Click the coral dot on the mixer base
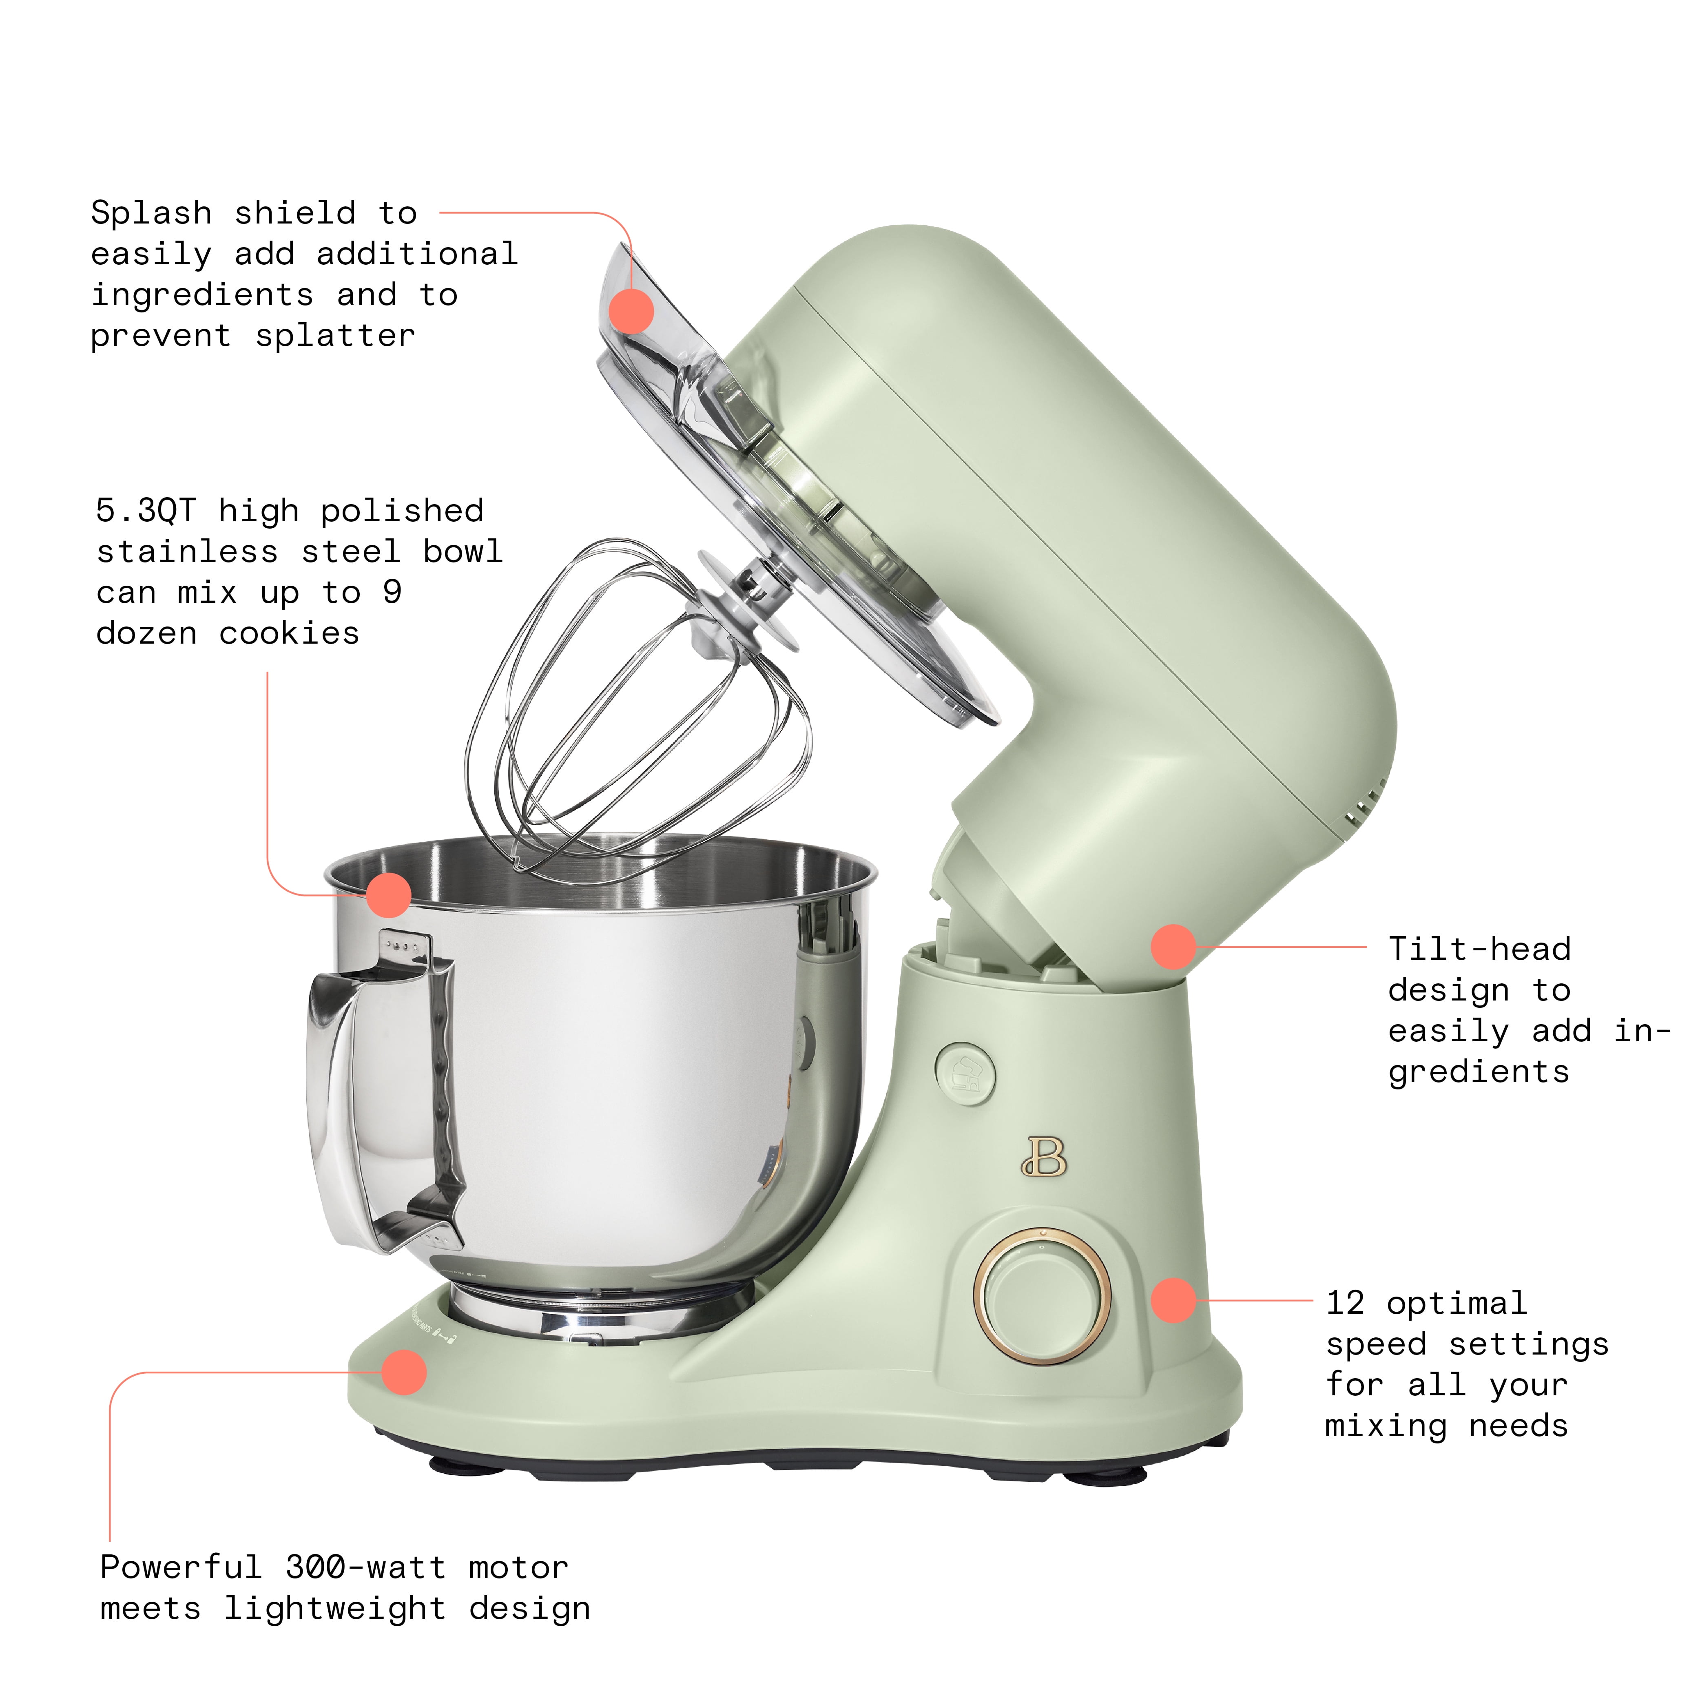click(x=404, y=1372)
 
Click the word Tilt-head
click(x=1480, y=949)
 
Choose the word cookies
click(x=290, y=633)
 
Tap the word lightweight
click(x=334, y=1609)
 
